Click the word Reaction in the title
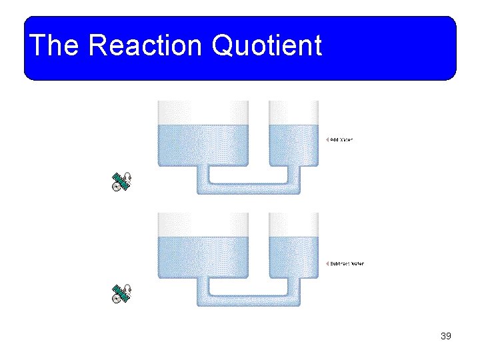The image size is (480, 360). [145, 46]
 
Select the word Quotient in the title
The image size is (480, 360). [266, 46]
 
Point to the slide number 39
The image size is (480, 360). [446, 336]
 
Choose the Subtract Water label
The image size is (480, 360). [347, 263]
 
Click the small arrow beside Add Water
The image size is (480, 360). [327, 140]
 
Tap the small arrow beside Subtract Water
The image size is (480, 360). [327, 263]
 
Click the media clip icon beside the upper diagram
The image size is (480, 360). [122, 182]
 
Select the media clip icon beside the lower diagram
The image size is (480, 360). [122, 294]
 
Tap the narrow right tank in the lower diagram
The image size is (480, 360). [293, 257]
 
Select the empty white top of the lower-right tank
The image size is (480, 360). [293, 224]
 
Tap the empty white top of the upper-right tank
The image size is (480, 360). [293, 112]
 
